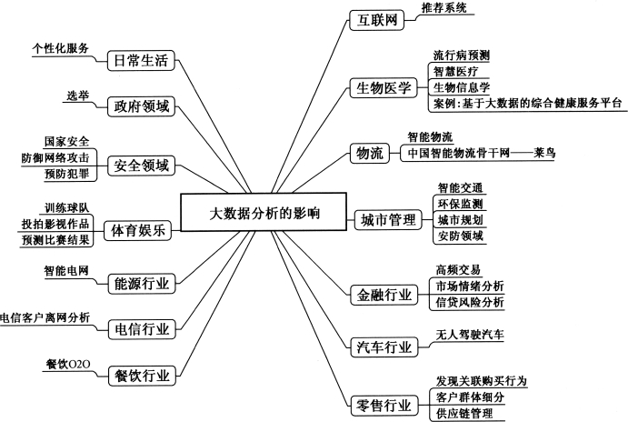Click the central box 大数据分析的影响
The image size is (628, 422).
[x=264, y=213]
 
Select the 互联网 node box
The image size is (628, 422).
[x=377, y=20]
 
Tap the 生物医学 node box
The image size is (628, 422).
[x=384, y=88]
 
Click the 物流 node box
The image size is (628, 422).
[x=370, y=153]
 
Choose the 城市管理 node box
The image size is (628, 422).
[x=388, y=219]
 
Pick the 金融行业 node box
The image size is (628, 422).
[x=384, y=296]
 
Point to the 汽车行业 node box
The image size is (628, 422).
[x=384, y=347]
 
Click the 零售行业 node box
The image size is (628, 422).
[x=384, y=406]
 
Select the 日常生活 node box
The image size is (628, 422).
[x=141, y=61]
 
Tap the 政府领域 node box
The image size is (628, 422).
[x=141, y=106]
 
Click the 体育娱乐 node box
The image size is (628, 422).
[x=138, y=230]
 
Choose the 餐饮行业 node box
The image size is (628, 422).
[x=142, y=376]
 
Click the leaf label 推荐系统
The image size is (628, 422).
[x=444, y=7]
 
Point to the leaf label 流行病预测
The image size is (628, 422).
[x=461, y=55]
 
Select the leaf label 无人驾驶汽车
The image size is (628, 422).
[x=470, y=334]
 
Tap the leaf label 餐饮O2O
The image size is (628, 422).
[x=67, y=365]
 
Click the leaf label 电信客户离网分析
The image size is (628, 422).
[x=45, y=317]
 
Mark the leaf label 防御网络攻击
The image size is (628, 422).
[x=55, y=157]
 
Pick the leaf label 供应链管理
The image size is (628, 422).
[x=464, y=413]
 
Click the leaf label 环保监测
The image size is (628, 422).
[x=460, y=204]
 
